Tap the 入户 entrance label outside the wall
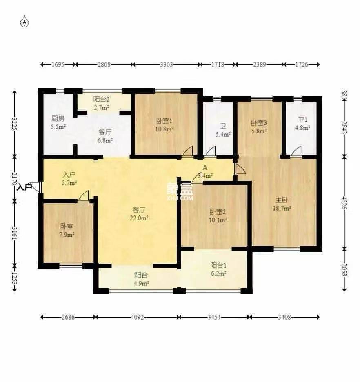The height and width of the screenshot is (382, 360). click(x=24, y=187)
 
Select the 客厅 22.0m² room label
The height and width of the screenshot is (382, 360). click(x=140, y=214)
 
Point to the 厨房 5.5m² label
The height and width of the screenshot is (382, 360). click(x=58, y=122)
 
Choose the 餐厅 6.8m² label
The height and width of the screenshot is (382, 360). click(x=105, y=136)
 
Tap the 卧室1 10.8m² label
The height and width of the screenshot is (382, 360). click(x=165, y=124)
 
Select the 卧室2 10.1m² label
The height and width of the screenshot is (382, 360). click(x=218, y=215)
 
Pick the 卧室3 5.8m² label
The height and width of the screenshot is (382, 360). click(x=259, y=126)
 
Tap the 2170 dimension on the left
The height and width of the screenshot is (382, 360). click(x=15, y=178)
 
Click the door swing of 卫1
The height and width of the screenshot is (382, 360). click(x=296, y=151)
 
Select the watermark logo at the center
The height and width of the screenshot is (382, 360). click(x=179, y=191)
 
